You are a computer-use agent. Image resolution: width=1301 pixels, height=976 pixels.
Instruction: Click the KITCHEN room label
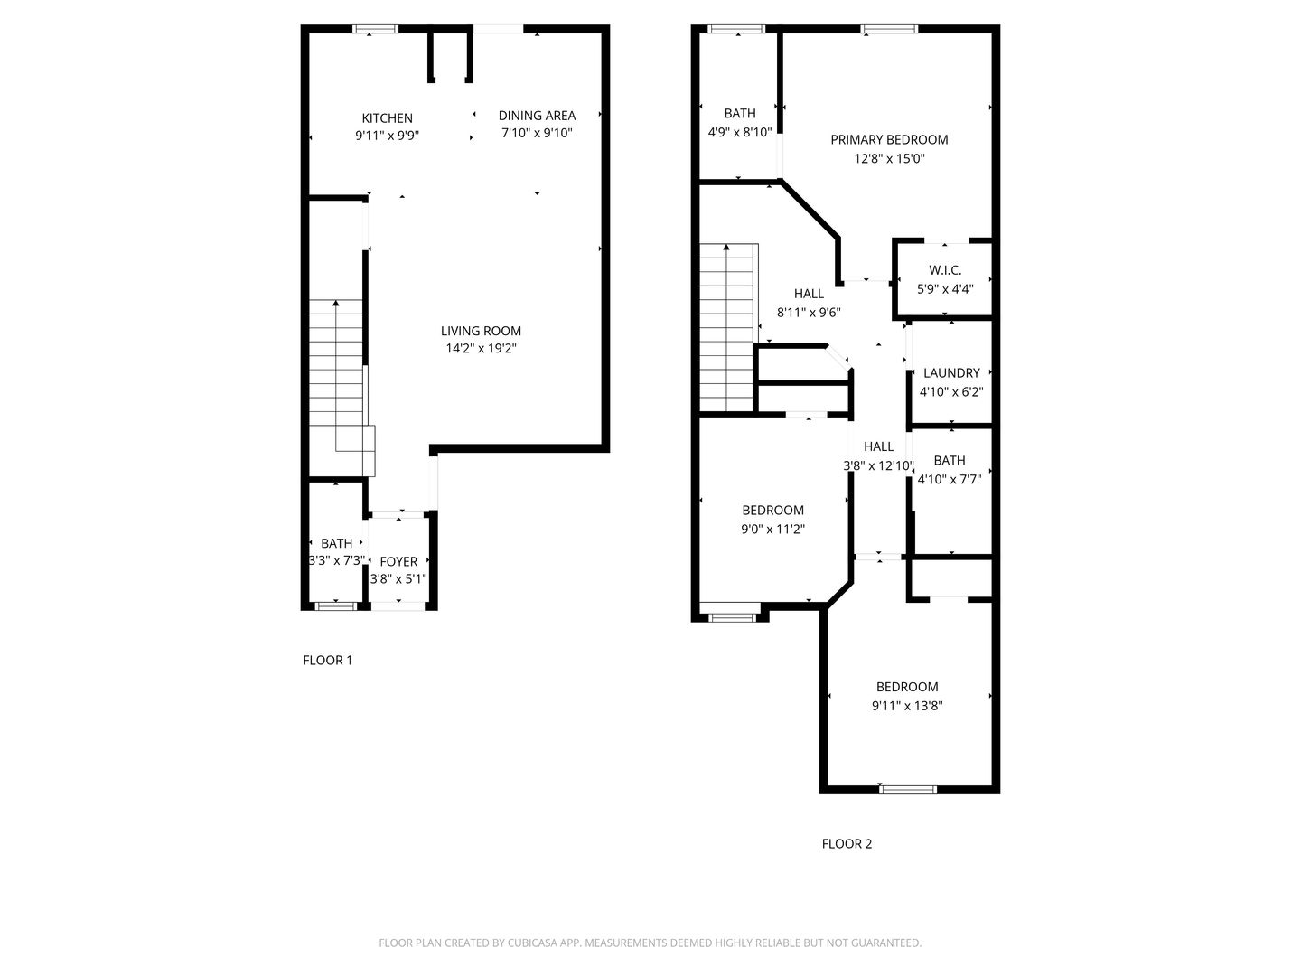pos(387,117)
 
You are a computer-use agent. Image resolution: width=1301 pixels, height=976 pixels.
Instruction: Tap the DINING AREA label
pos(537,116)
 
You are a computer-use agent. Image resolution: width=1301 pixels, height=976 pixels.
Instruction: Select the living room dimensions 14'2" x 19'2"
pos(482,348)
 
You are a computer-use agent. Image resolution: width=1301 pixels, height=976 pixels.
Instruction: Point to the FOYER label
pos(398,561)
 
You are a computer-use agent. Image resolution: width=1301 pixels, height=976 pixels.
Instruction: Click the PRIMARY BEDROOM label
pos(889,140)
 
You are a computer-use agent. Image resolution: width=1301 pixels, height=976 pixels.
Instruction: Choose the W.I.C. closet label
pos(945,270)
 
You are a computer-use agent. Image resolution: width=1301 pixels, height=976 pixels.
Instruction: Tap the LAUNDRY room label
pos(951,372)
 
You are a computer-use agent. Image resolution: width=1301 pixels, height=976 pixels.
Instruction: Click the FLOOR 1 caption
pos(327,660)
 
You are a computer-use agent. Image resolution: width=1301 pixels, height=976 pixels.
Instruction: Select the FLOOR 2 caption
pos(847,844)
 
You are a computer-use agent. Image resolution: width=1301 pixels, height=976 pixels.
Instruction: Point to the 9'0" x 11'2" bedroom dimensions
pos(772,529)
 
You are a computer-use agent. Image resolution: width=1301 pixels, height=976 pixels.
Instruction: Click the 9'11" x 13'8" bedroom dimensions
pos(907,705)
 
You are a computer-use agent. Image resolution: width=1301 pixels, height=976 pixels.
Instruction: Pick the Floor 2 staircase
pos(728,327)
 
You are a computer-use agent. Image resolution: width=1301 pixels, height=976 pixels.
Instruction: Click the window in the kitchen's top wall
pos(375,29)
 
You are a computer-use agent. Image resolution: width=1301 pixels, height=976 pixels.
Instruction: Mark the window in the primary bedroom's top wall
pos(889,29)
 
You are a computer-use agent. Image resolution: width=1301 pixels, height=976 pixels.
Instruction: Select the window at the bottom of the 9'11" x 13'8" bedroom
pos(908,789)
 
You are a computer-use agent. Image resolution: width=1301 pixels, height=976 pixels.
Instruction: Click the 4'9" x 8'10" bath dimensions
pos(740,132)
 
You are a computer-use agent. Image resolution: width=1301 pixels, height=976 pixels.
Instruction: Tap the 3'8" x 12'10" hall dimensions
pos(878,465)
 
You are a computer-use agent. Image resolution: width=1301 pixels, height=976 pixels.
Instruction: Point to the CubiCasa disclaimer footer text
pos(650,943)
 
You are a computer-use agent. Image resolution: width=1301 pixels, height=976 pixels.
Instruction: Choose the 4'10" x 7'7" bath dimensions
pos(950,479)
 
